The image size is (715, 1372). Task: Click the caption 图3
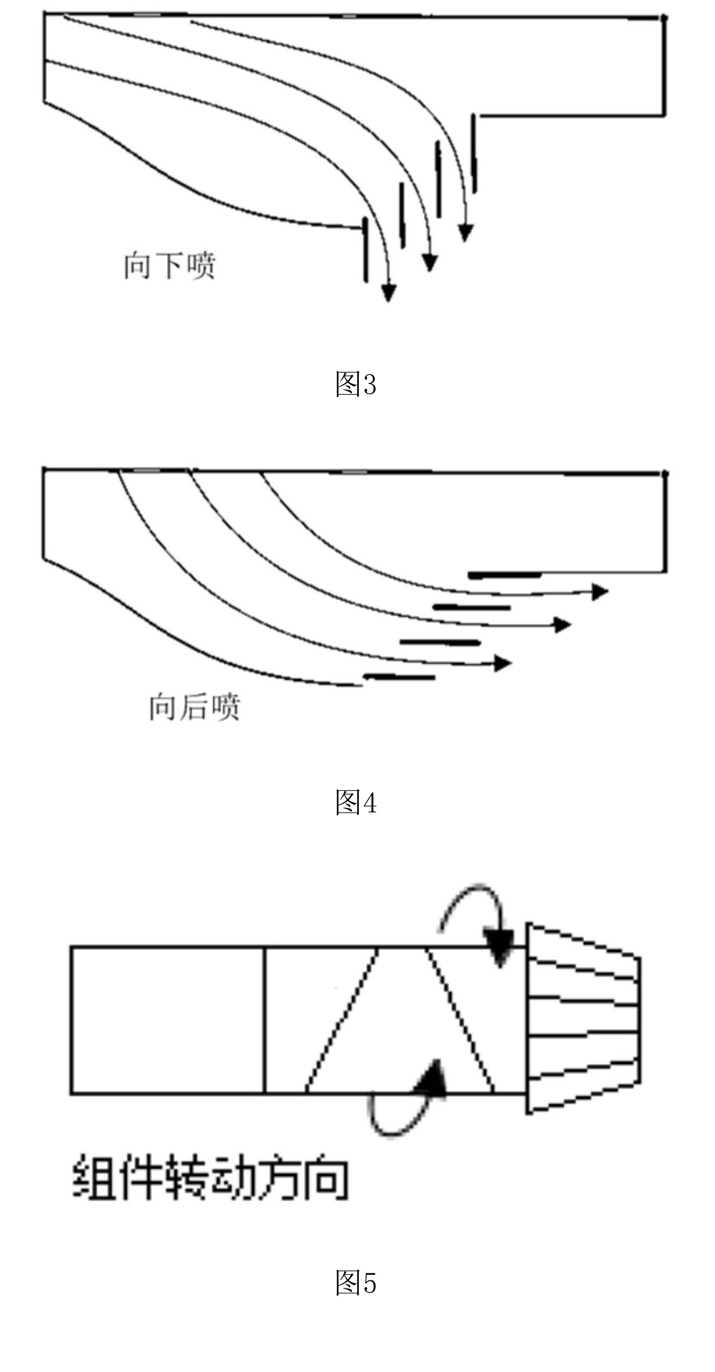356,384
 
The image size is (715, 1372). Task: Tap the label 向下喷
170,265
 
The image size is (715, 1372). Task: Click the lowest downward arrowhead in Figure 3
389,293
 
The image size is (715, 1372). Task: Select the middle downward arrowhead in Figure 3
429,263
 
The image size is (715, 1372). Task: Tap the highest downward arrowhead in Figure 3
466,233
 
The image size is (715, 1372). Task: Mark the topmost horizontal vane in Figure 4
504,575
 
